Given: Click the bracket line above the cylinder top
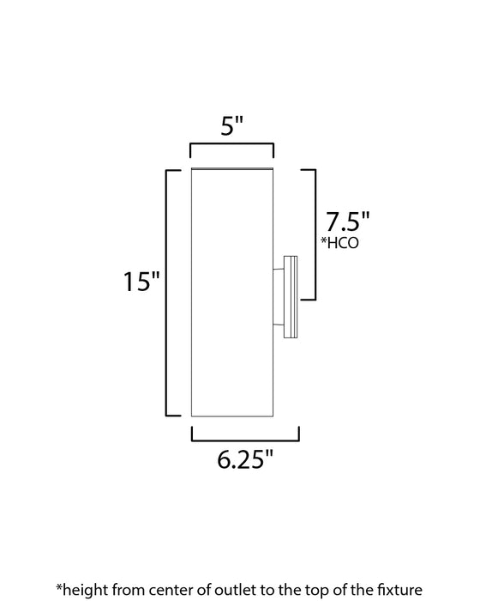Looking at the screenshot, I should (231, 149).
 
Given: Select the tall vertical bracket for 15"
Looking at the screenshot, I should (167, 292).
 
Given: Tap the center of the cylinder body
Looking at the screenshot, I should (231, 292).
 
